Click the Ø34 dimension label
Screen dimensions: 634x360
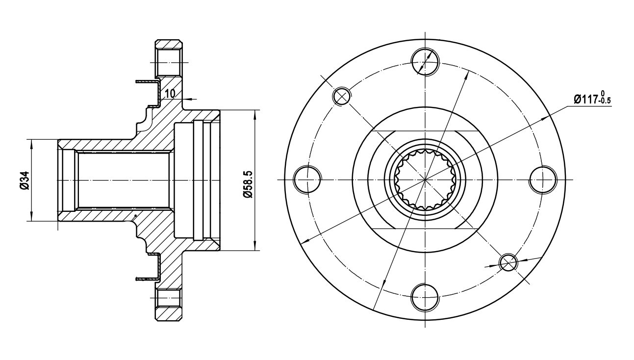25,180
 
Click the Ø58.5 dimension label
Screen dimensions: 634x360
247,184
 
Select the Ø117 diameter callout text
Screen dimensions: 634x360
585,100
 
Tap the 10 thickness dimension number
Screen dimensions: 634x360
170,93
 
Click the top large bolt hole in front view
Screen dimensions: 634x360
425,62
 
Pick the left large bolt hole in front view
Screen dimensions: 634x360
307,180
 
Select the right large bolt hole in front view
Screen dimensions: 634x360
543,180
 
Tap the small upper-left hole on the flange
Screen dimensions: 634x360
342,96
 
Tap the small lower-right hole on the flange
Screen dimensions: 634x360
508,262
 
